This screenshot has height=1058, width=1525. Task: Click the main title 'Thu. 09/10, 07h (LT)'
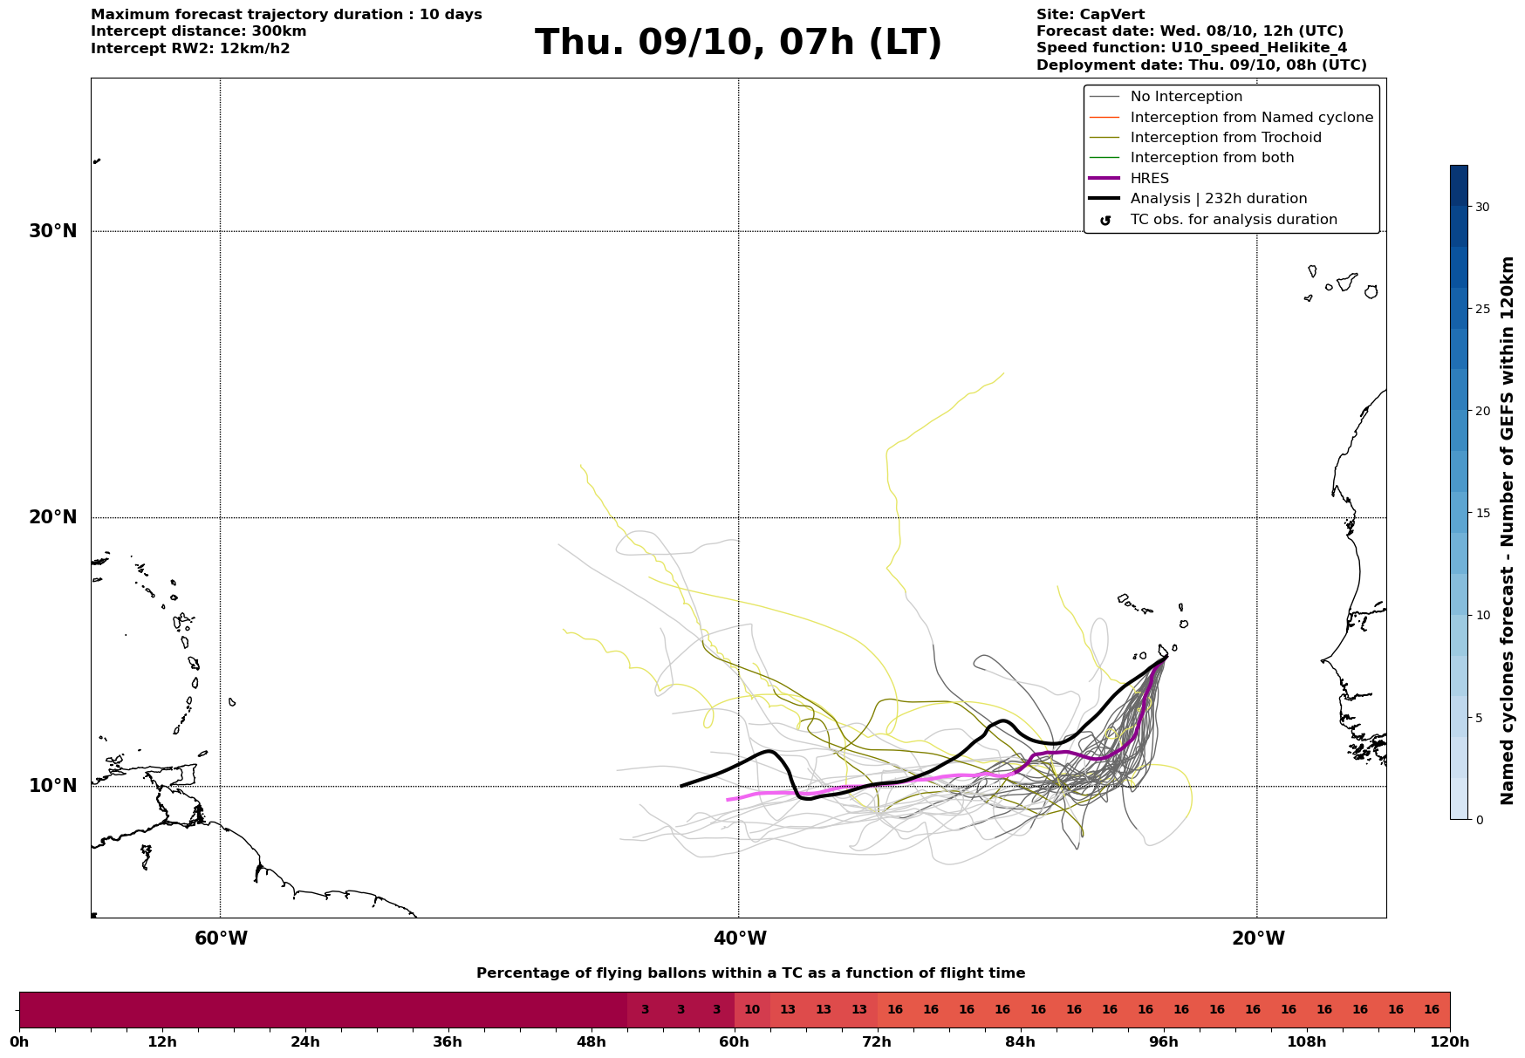click(x=738, y=43)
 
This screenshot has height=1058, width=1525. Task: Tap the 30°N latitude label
click(x=52, y=231)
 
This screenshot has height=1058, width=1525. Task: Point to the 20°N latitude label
click(x=52, y=517)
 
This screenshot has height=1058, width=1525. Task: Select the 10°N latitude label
click(x=52, y=786)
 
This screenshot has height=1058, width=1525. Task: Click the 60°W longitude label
click(x=221, y=939)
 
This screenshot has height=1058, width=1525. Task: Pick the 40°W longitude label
click(x=740, y=939)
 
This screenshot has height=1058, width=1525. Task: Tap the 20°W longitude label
click(x=1258, y=939)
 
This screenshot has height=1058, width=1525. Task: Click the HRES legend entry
click(x=1149, y=179)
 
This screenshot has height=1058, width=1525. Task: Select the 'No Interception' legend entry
click(x=1186, y=97)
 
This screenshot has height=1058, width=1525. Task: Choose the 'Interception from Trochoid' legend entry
click(x=1225, y=138)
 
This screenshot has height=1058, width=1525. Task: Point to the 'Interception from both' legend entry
click(x=1212, y=158)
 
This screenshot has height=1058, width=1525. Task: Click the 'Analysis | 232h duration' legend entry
click(x=1218, y=199)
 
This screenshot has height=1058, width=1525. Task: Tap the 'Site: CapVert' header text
click(x=1090, y=15)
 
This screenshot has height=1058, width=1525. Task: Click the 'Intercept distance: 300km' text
click(x=198, y=31)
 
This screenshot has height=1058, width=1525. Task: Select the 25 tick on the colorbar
click(x=1482, y=309)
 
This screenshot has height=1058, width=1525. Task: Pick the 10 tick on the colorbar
click(x=1482, y=615)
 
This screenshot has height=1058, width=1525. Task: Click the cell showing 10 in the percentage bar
click(x=752, y=1010)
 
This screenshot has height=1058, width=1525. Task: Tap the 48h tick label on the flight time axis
click(x=592, y=1042)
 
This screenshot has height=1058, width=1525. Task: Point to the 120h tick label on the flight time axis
click(x=1450, y=1042)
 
